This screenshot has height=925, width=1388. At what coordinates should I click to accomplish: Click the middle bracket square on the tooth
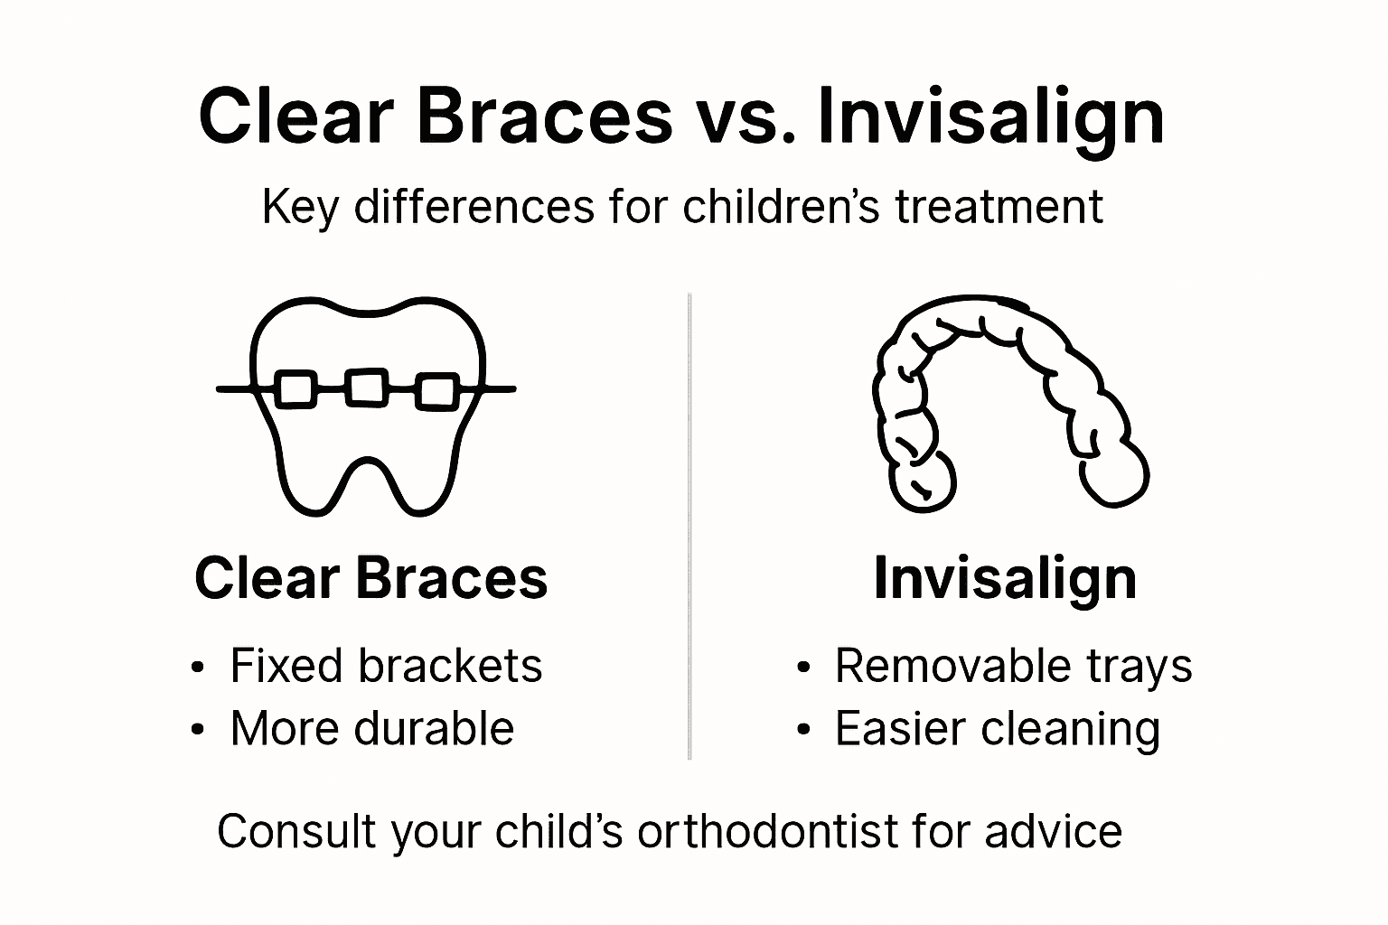pyautogui.click(x=366, y=388)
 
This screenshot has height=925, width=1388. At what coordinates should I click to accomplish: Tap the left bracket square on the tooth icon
pyautogui.click(x=294, y=389)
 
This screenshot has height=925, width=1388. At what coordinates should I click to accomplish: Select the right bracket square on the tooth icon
pyautogui.click(x=438, y=390)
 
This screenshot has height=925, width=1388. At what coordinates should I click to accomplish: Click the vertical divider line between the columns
pyautogui.click(x=689, y=524)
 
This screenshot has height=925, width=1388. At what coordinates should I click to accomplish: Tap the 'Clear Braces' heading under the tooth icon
pyautogui.click(x=370, y=578)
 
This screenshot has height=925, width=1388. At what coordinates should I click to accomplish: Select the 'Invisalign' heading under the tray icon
pyautogui.click(x=1005, y=578)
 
